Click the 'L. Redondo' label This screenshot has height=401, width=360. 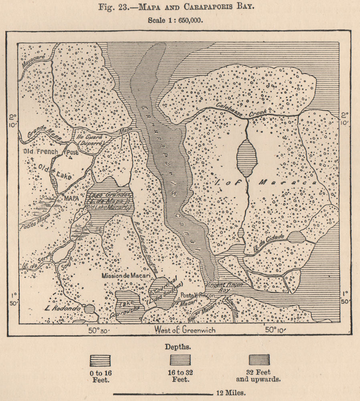[63, 310]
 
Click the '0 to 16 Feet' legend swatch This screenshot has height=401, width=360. [100, 360]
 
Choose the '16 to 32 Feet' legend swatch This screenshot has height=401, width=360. [180, 360]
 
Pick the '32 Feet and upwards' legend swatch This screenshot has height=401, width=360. [259, 359]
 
